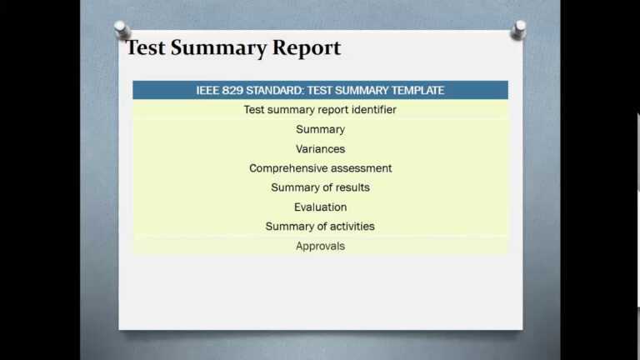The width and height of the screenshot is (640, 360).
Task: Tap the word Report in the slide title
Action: click(x=308, y=48)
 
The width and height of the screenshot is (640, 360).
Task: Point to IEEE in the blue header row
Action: click(x=207, y=90)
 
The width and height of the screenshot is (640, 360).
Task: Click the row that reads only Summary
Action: click(x=320, y=129)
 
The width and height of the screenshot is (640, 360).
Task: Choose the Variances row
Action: click(x=320, y=149)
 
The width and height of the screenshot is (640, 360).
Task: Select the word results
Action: click(x=351, y=187)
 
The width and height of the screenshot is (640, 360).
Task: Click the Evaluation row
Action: click(x=320, y=207)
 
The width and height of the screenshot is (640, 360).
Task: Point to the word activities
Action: click(x=351, y=227)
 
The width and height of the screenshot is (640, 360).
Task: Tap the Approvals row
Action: click(x=320, y=246)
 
